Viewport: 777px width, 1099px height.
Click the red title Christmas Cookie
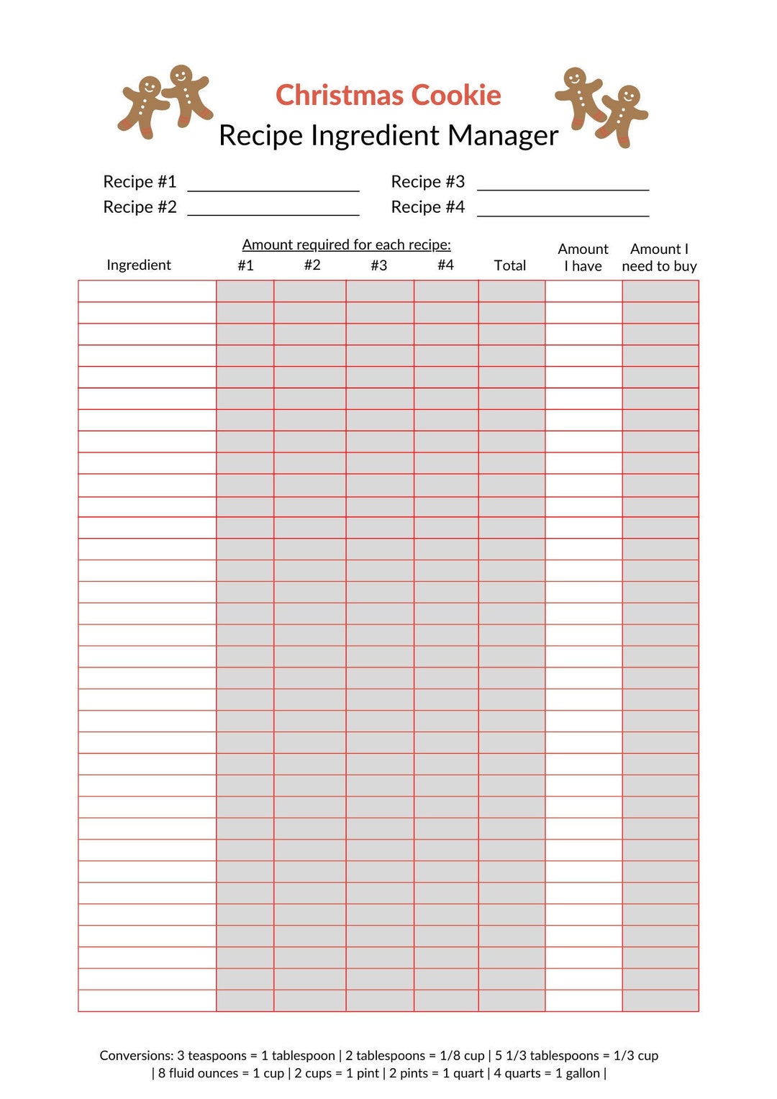tap(388, 96)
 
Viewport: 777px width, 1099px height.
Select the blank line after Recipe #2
tap(273, 209)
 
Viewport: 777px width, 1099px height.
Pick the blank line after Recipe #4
tap(563, 209)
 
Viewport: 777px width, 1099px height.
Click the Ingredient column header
tap(139, 265)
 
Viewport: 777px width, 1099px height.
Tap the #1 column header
tap(245, 265)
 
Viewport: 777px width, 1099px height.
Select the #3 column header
tap(379, 265)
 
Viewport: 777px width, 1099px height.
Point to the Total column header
tap(510, 265)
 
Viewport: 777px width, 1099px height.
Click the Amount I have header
tap(583, 257)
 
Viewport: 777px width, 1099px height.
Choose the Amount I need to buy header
tap(659, 257)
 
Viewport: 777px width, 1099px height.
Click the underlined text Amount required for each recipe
tap(346, 245)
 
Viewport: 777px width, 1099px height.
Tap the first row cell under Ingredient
tap(147, 291)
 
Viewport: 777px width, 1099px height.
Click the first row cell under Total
tap(512, 291)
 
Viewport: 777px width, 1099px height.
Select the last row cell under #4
tap(446, 1000)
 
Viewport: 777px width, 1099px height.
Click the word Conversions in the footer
tap(136, 1055)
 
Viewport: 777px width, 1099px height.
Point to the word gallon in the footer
tap(583, 1073)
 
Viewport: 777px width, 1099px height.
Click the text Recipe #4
tap(427, 207)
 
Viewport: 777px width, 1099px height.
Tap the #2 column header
tap(312, 265)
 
